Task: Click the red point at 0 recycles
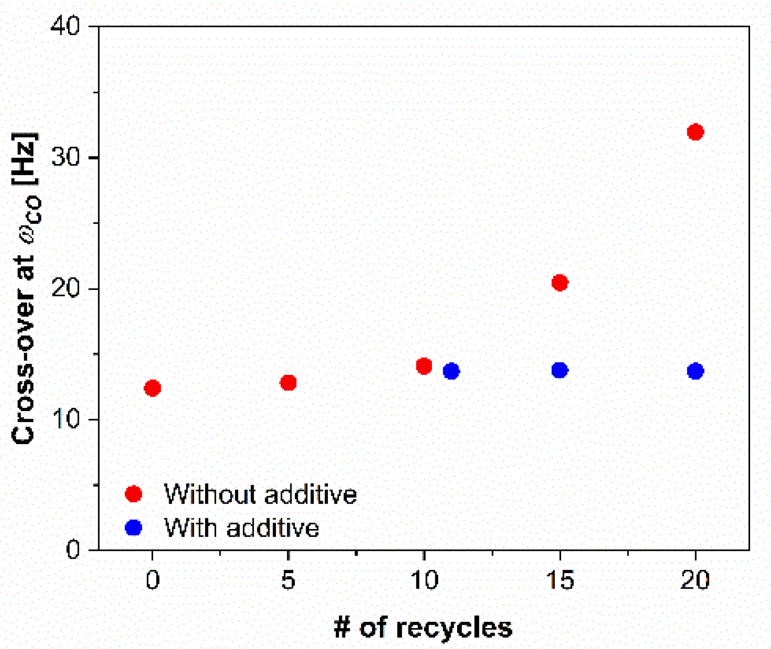153,388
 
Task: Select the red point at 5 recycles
288,383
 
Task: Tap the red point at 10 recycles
424,366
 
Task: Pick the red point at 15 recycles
560,283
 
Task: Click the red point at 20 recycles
695,132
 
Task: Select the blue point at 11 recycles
451,371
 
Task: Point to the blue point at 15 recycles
560,370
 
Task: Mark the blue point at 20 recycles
695,371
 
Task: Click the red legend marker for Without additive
134,494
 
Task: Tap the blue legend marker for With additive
134,528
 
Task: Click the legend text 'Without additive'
260,495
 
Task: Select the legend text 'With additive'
241,528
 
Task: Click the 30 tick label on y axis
65,157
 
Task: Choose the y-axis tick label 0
72,549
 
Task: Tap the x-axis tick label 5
288,580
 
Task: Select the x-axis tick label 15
560,580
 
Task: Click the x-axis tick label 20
695,580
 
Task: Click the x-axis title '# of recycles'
423,627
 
